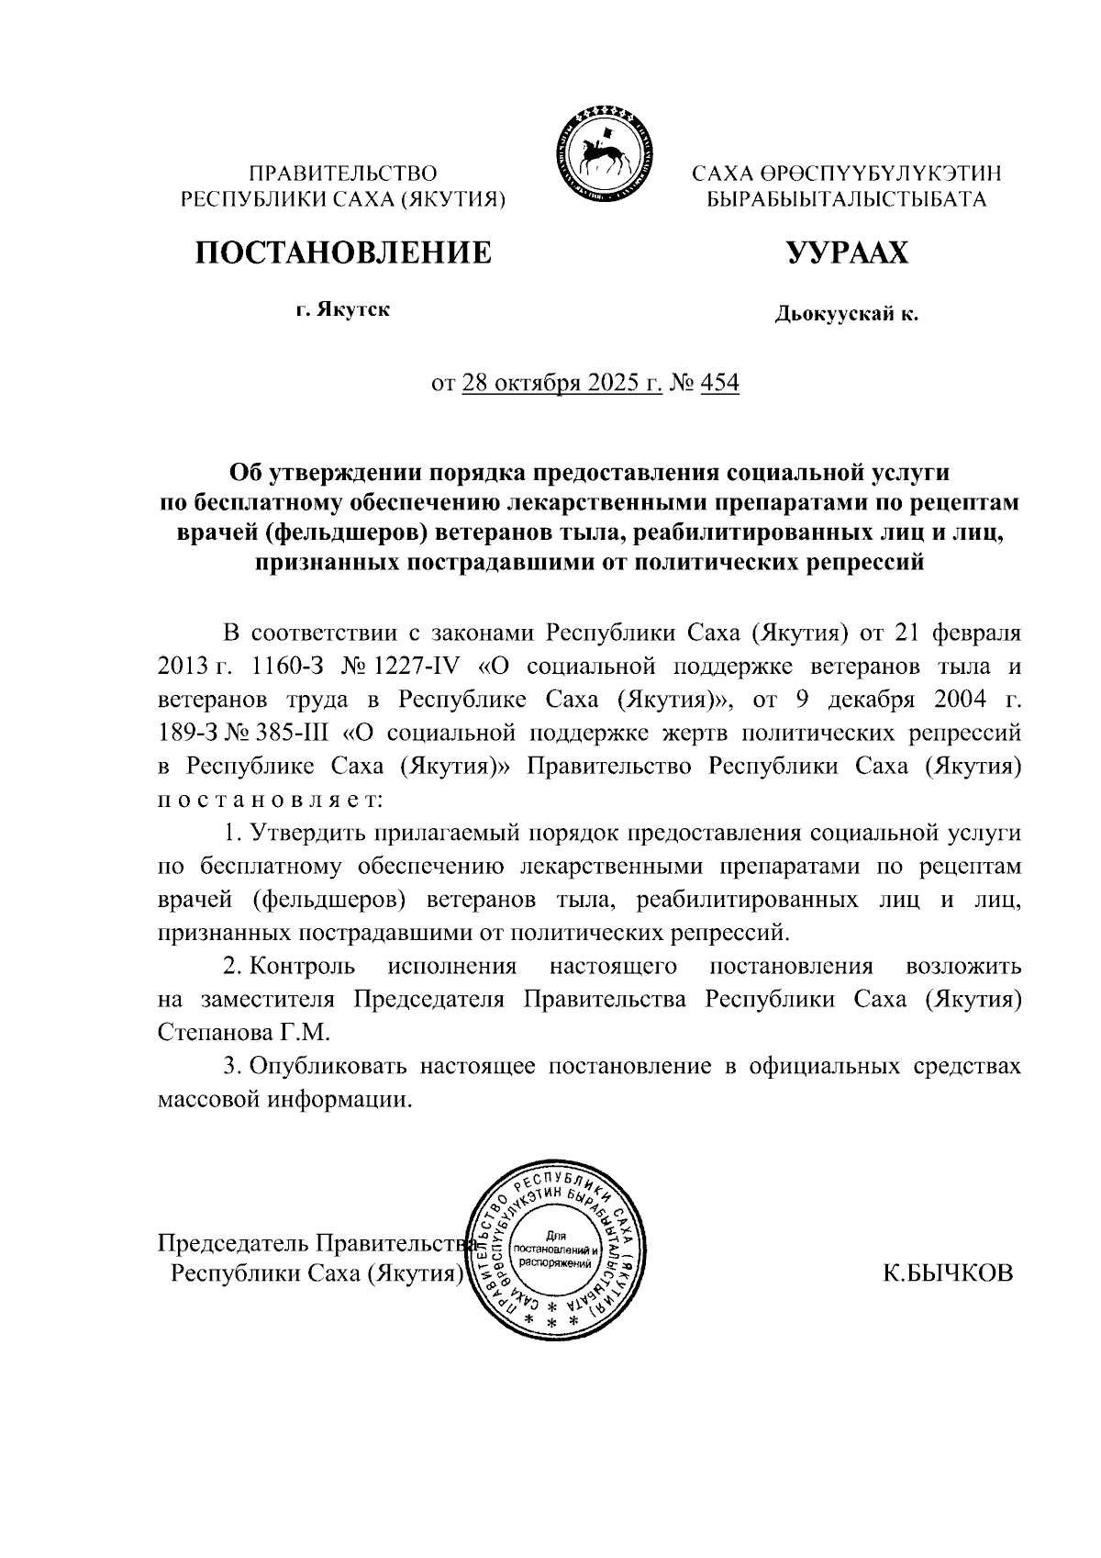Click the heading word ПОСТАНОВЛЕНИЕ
coord(342,252)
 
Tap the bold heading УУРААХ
coord(846,252)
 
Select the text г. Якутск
coord(343,309)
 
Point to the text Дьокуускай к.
coord(846,315)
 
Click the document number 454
coord(719,383)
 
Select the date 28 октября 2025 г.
coord(562,383)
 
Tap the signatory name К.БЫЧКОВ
coord(948,1273)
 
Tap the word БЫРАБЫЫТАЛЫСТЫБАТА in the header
coord(846,198)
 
